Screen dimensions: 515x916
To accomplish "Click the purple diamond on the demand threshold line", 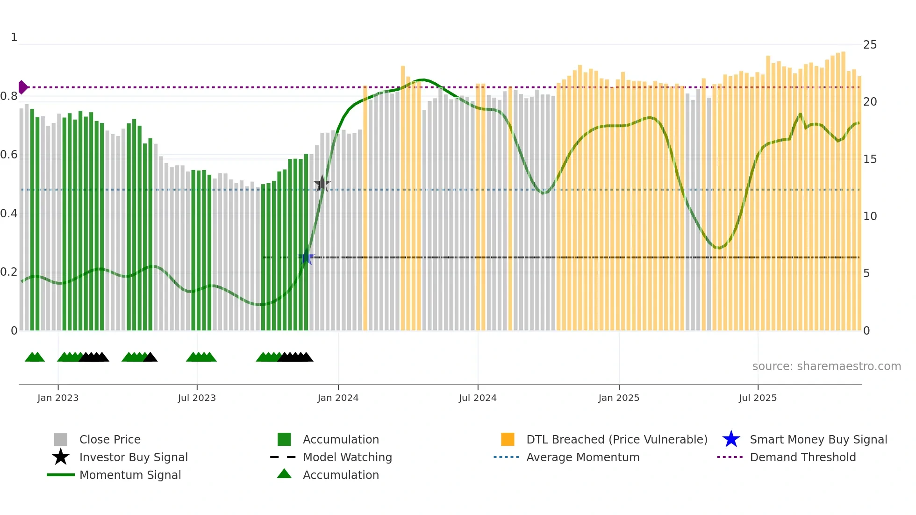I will click(x=22, y=87).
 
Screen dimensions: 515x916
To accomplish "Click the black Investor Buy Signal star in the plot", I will click(x=322, y=184).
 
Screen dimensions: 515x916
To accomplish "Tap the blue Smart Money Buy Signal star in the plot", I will click(x=306, y=257).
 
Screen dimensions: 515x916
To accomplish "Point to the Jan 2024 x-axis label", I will click(x=338, y=398).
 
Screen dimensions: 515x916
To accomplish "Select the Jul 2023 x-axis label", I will click(x=197, y=398).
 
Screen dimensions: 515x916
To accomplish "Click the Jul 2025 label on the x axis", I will click(x=758, y=398).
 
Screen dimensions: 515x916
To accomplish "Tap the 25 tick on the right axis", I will click(x=870, y=45).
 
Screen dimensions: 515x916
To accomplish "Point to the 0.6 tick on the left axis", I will click(x=9, y=155).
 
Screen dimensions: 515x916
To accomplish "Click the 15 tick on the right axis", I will click(x=870, y=159).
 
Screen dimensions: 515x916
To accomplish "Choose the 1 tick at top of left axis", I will click(x=14, y=37).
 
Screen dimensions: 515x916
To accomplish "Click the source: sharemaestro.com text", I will click(x=826, y=366).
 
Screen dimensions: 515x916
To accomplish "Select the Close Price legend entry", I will click(x=110, y=439).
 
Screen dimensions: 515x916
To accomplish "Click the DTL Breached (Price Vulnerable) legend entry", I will click(x=616, y=439).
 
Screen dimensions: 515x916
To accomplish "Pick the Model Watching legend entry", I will click(x=347, y=457).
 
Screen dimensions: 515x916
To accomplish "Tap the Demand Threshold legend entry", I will click(x=802, y=457).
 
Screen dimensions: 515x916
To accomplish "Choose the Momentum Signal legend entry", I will click(x=130, y=475).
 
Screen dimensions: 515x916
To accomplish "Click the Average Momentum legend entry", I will click(x=582, y=457).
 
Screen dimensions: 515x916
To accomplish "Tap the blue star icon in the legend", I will click(x=731, y=439).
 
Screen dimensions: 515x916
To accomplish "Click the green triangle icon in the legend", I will click(x=284, y=474).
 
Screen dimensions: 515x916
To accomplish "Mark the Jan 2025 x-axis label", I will click(x=619, y=398).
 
